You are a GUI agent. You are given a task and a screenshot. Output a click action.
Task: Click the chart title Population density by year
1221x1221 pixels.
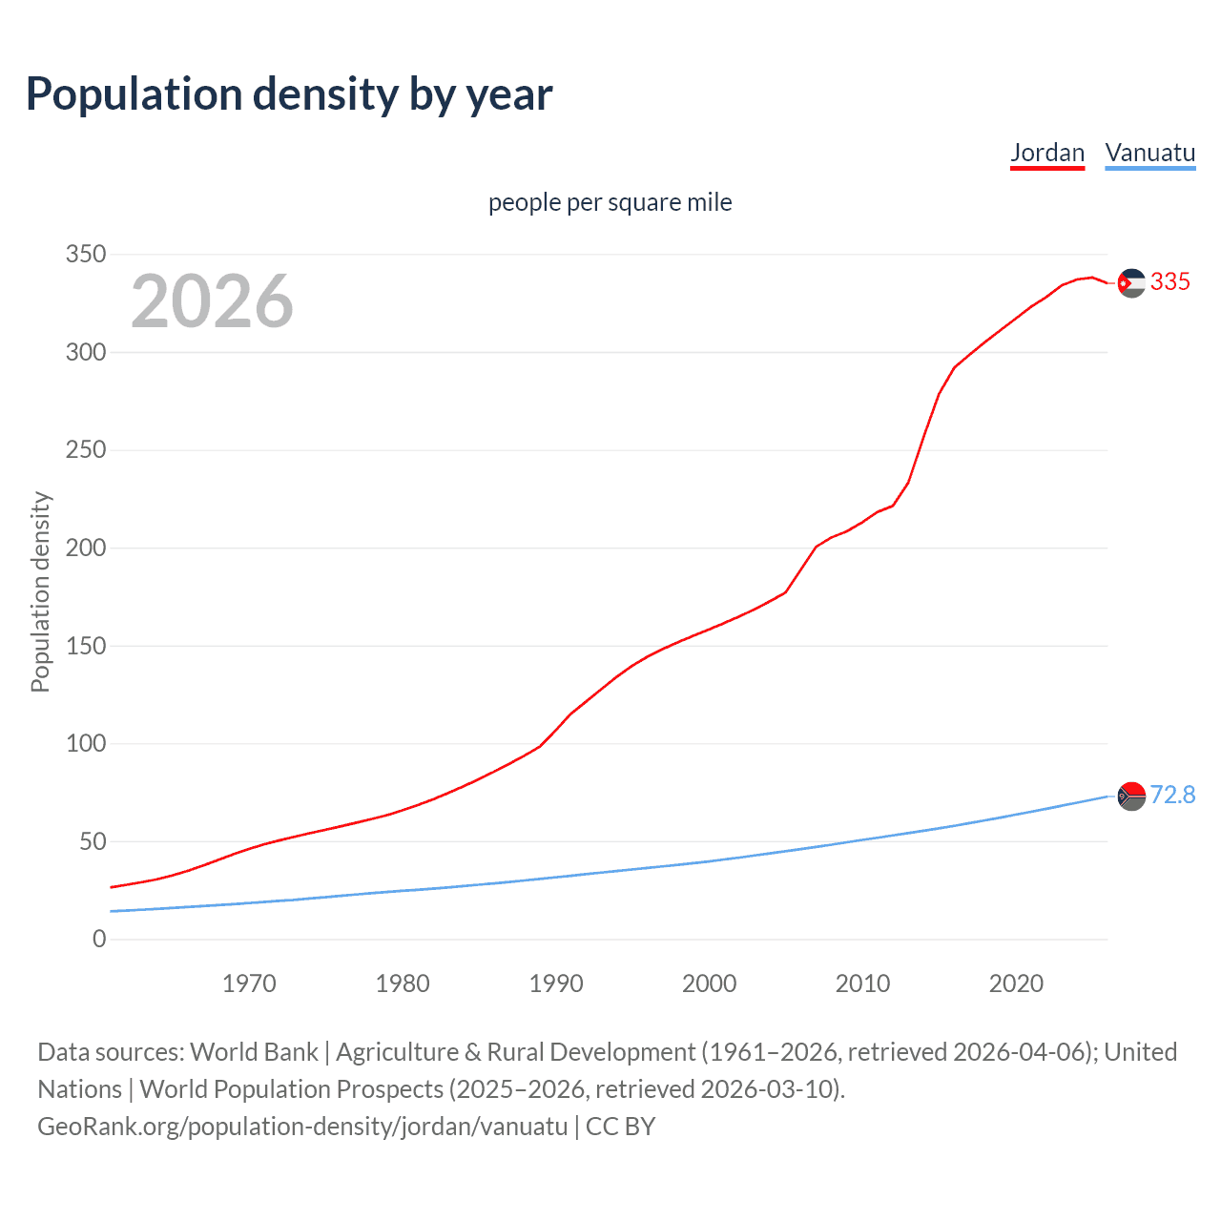coord(289,94)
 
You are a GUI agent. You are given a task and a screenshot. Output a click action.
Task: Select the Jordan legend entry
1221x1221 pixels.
coord(1047,153)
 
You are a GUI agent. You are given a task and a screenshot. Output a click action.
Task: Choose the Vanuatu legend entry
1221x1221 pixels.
coord(1149,153)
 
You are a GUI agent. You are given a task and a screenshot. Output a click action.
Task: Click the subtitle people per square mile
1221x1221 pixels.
coord(610,202)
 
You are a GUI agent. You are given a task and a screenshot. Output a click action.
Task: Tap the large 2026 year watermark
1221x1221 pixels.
coord(212,301)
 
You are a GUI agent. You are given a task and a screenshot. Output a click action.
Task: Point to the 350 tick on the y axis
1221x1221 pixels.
coord(85,255)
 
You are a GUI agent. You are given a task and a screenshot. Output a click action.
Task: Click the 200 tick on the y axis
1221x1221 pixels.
coord(85,548)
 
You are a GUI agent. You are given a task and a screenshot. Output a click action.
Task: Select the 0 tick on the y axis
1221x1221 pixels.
coord(99,939)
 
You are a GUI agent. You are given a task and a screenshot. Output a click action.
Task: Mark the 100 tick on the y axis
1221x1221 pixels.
coord(85,743)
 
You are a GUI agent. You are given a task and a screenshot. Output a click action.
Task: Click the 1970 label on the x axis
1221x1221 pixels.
coord(249,983)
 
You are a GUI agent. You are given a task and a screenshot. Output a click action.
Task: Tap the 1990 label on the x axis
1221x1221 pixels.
coord(556,983)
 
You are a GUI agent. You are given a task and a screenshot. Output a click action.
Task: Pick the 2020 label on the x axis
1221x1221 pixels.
coord(1016,983)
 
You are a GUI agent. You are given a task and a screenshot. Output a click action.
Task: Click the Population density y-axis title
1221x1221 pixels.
coord(40,591)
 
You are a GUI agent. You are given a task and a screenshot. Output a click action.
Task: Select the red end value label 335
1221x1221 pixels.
coord(1169,281)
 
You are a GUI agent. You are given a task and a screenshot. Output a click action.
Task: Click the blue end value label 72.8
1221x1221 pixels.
coord(1172,795)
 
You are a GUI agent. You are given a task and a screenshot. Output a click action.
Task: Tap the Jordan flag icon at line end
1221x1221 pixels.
coord(1131,282)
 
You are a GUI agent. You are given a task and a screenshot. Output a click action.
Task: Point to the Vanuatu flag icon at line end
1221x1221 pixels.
coord(1131,796)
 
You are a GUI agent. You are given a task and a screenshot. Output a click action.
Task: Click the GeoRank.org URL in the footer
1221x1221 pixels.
coord(302,1127)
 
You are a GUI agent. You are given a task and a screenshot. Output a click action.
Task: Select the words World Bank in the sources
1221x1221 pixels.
coord(254,1052)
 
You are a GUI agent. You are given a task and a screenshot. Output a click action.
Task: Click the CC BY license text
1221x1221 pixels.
coord(620,1127)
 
